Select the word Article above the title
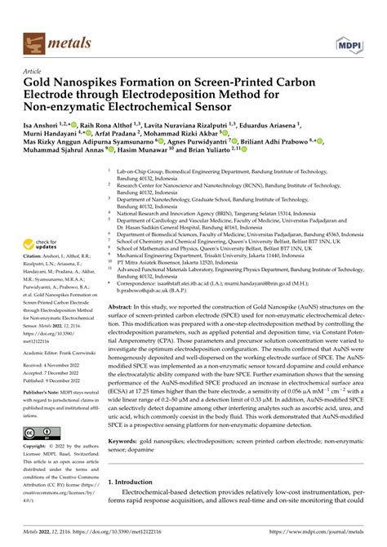pyautogui.click(x=32, y=71)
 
